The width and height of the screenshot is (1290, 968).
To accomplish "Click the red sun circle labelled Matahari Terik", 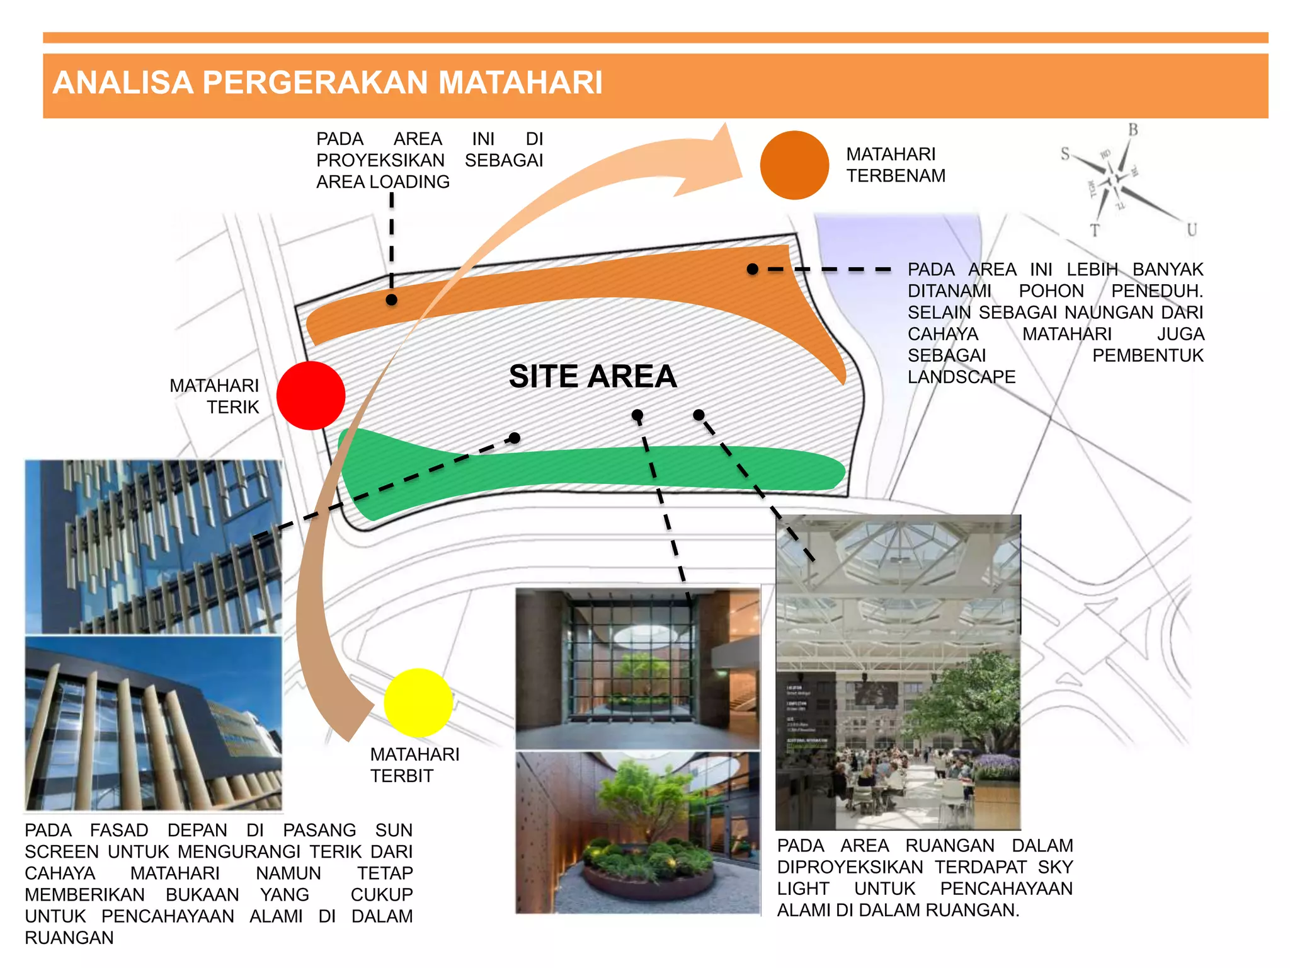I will pyautogui.click(x=311, y=396).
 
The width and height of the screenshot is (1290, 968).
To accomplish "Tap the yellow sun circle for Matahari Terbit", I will pyautogui.click(x=418, y=703).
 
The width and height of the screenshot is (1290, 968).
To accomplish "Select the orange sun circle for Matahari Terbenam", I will pyautogui.click(x=794, y=165).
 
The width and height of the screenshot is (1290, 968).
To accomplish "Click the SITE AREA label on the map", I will pyautogui.click(x=593, y=376).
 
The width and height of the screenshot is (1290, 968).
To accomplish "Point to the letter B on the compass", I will pyautogui.click(x=1133, y=130).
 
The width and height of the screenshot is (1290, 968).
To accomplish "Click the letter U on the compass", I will pyautogui.click(x=1191, y=230).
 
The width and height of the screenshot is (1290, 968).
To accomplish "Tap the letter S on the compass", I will pyautogui.click(x=1065, y=154).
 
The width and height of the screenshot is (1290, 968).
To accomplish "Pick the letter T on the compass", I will pyautogui.click(x=1095, y=231).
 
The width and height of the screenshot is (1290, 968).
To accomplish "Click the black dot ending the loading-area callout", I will pyautogui.click(x=391, y=300).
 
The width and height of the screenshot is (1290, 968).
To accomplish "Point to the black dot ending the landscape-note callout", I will pyautogui.click(x=752, y=269).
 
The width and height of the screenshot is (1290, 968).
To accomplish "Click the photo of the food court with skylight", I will pyautogui.click(x=898, y=672).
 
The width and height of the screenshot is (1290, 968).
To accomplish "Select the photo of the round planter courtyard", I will pyautogui.click(x=637, y=832).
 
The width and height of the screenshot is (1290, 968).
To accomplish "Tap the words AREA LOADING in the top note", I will pyautogui.click(x=383, y=182).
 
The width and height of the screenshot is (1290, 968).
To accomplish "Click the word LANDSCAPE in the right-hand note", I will pyautogui.click(x=961, y=377).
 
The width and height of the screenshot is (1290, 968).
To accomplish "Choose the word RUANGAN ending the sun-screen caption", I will pyautogui.click(x=69, y=938).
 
